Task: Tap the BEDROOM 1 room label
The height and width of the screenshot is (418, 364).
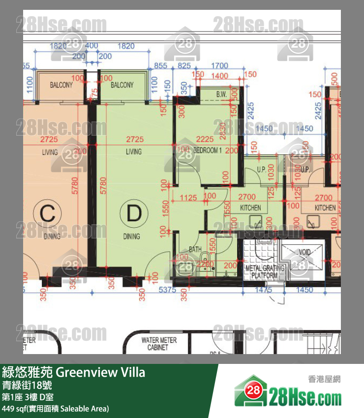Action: coord(208,150)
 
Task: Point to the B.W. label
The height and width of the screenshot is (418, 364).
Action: coord(221,93)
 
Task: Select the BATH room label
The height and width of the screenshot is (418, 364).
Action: coord(195,249)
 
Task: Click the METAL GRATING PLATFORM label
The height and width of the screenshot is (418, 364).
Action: coord(261,272)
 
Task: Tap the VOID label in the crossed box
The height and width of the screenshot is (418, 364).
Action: coord(305,252)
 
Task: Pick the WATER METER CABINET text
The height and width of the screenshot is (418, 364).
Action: coord(159,343)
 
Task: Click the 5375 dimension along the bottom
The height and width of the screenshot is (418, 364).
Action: coord(168,290)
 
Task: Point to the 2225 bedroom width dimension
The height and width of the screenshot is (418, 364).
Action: coord(205,140)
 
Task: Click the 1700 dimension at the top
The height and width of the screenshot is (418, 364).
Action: coord(219,65)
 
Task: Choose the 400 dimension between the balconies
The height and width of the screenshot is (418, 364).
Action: coord(91,46)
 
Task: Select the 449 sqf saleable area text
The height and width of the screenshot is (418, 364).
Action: coord(55,409)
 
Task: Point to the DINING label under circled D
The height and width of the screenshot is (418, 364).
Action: coord(131,237)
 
